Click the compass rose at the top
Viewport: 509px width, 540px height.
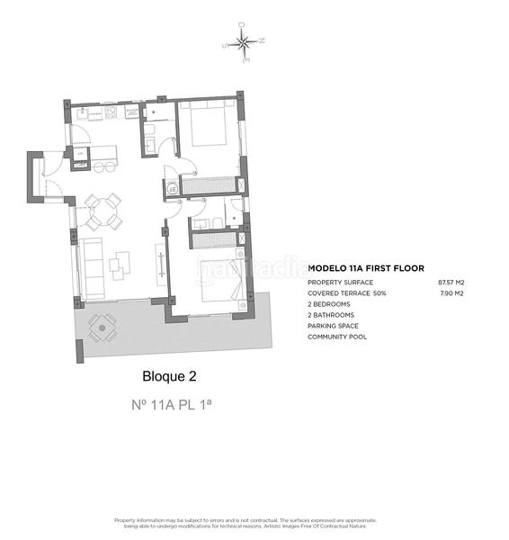[x=243, y=41]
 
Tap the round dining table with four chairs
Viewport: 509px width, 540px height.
[x=103, y=211]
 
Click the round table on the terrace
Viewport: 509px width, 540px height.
[x=102, y=328]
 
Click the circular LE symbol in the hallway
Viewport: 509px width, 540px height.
[x=171, y=188]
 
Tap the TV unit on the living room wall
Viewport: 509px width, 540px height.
[x=161, y=264]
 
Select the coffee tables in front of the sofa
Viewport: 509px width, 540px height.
[x=120, y=263]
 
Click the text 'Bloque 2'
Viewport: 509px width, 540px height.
[x=169, y=376]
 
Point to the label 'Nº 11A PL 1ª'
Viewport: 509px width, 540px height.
[x=171, y=405]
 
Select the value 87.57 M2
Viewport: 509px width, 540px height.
[x=451, y=282]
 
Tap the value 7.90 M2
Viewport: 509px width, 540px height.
[x=451, y=293]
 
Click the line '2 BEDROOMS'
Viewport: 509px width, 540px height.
[x=330, y=304]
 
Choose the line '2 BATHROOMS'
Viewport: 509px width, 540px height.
[x=331, y=315]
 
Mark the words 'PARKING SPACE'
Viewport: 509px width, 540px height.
[x=333, y=326]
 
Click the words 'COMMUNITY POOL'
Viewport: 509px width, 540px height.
[x=336, y=337]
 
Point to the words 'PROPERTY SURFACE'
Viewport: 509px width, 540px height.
[x=340, y=282]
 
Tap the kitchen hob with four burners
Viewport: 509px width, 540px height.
[x=111, y=113]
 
